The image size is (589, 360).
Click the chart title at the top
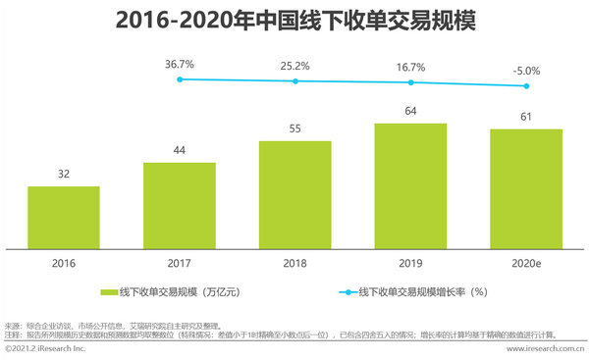click(294, 21)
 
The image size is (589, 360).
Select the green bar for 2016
click(63, 218)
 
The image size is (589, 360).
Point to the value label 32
click(63, 174)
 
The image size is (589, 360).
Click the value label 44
click(179, 150)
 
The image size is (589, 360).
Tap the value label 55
click(294, 129)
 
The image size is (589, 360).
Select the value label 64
click(410, 111)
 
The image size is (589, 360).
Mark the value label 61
click(526, 117)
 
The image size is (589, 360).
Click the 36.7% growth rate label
click(179, 64)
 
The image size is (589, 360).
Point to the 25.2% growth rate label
click(294, 67)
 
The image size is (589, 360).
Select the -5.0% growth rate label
click(526, 71)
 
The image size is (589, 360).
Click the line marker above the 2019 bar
click(410, 82)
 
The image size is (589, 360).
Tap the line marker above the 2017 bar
click(179, 78)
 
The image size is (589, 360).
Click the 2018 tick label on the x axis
click(294, 263)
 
